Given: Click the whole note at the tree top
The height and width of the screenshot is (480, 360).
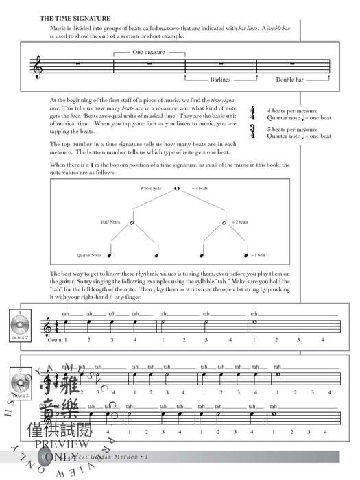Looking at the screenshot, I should [177, 187].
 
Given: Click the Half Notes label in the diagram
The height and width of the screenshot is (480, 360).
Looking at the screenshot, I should [108, 222].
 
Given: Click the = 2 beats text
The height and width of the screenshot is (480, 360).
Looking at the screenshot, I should [244, 222].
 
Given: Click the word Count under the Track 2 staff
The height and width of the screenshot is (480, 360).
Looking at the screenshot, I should [56, 340].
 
